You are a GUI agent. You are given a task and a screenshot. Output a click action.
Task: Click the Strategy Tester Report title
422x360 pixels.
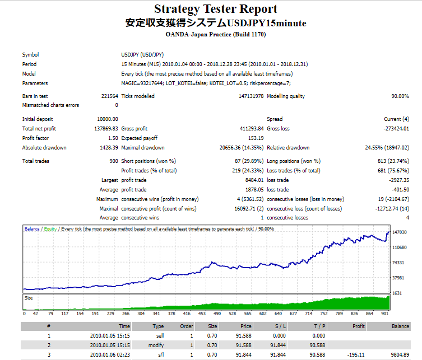[x=216, y=9]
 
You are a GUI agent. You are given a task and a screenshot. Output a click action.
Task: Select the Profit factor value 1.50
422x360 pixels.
[x=113, y=138]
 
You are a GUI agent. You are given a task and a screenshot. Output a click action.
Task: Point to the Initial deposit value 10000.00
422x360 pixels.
[x=107, y=119]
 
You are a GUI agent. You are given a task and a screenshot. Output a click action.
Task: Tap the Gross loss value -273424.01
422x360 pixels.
[x=393, y=129]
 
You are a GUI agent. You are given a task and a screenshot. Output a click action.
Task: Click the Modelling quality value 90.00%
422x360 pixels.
[x=400, y=96]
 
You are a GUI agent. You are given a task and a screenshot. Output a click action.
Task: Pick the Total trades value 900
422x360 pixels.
[x=113, y=161]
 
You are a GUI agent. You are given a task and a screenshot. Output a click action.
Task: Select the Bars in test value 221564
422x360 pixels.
[x=109, y=96]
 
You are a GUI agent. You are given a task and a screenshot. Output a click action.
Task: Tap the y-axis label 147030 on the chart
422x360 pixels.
[x=399, y=232]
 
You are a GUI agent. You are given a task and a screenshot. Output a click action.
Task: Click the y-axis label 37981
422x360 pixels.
[x=397, y=278]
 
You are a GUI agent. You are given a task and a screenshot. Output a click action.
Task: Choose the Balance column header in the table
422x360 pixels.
[x=400, y=325]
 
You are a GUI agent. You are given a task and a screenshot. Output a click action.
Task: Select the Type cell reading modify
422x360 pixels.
[x=156, y=345]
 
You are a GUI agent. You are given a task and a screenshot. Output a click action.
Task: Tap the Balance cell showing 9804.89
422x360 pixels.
[x=400, y=354]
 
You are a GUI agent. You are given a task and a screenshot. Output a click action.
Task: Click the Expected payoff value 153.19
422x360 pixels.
[x=255, y=138]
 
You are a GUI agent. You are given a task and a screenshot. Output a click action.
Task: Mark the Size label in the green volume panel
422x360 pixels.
[x=29, y=298]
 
